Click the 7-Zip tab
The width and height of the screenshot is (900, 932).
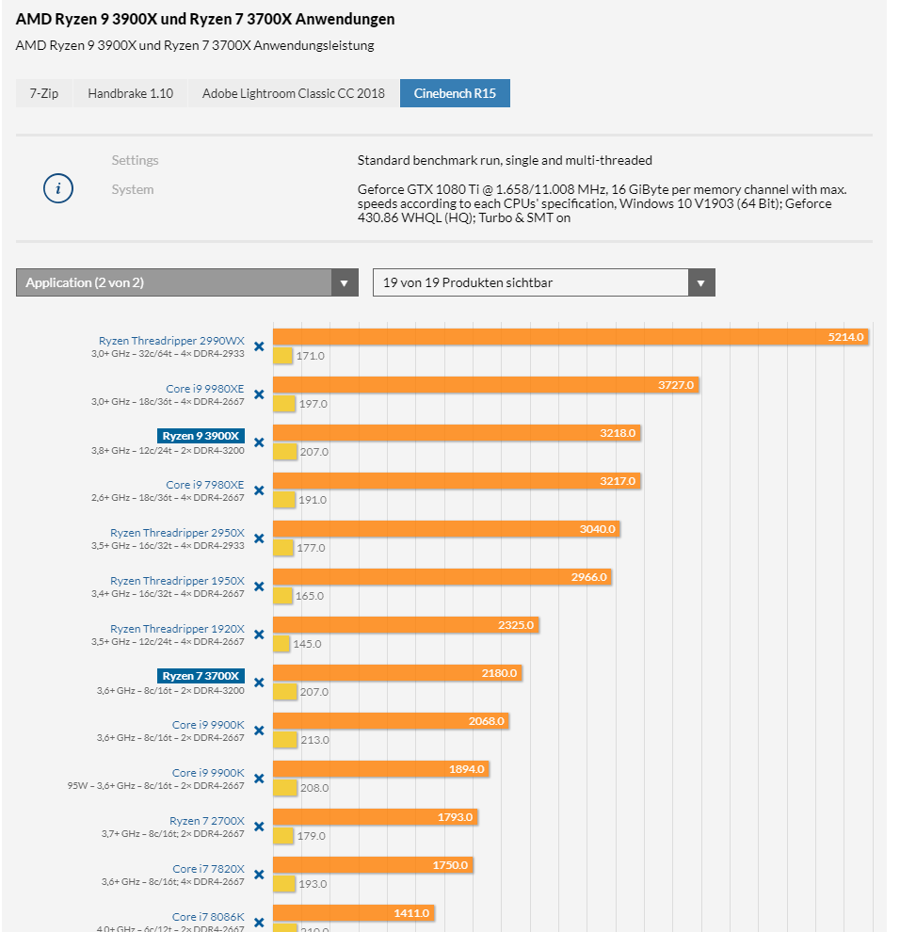[x=44, y=93]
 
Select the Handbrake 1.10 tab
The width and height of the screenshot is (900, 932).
[x=131, y=93]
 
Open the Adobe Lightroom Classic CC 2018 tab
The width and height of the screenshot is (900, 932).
[x=294, y=93]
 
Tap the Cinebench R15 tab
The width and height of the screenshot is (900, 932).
[x=455, y=93]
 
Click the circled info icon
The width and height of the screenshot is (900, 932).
[x=58, y=189]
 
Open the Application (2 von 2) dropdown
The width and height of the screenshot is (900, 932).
[x=186, y=282]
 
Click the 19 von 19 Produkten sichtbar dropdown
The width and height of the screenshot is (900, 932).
[x=543, y=282]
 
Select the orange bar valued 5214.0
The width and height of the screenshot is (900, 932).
[x=570, y=337]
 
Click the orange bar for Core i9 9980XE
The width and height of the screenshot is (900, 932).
[x=486, y=385]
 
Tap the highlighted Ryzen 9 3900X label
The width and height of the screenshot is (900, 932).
[x=201, y=436]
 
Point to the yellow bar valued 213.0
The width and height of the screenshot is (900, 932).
[x=284, y=740]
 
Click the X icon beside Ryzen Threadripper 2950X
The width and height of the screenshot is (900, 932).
[x=259, y=538]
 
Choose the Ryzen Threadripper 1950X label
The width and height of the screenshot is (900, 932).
[x=177, y=581]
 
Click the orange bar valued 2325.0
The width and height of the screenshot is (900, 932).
[x=406, y=625]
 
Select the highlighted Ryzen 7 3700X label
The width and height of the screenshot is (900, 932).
[x=201, y=676]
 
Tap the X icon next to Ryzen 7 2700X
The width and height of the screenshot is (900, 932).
[x=259, y=827]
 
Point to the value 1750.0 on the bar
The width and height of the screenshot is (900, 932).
[x=449, y=865]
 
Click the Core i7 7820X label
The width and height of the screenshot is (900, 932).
[x=208, y=869]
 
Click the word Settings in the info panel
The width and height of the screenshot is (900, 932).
[x=135, y=160]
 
